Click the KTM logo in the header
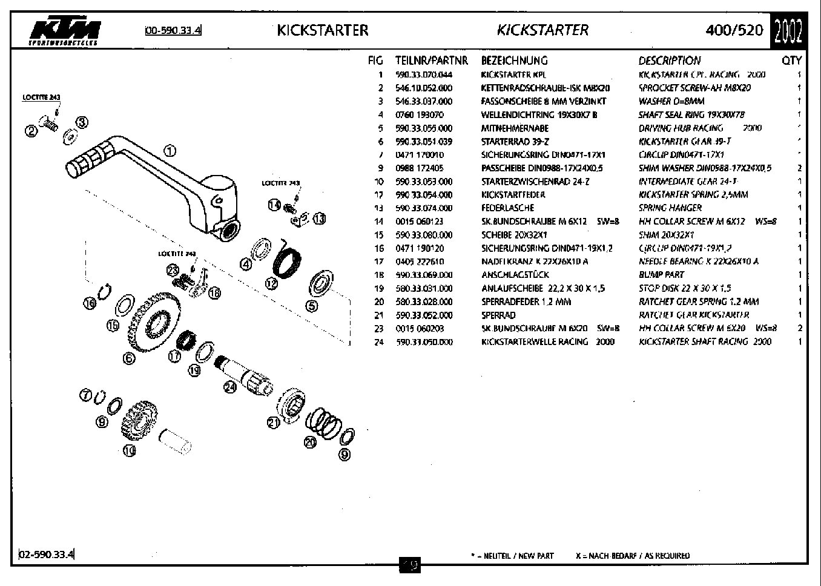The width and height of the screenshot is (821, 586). click(x=65, y=33)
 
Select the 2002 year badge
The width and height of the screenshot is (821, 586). click(x=788, y=31)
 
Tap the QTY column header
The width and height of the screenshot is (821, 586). click(x=791, y=61)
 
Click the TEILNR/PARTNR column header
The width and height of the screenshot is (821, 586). click(x=432, y=61)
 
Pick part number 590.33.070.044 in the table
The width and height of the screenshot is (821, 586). click(x=423, y=74)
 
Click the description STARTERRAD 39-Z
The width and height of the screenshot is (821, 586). click(x=515, y=141)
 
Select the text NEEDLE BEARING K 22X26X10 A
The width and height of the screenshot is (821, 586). click(x=698, y=261)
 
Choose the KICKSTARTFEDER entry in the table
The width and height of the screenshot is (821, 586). click(x=513, y=194)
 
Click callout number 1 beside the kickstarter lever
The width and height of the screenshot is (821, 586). click(x=170, y=151)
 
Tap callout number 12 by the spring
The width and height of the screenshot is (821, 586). click(x=272, y=283)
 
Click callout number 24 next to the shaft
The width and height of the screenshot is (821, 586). click(x=230, y=387)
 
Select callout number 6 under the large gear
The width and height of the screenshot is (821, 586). click(x=129, y=358)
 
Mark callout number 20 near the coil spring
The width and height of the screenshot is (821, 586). click(x=311, y=443)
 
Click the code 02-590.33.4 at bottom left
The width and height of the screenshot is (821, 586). click(x=47, y=554)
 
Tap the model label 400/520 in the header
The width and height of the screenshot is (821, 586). click(x=734, y=30)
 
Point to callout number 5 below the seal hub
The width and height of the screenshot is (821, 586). click(x=312, y=306)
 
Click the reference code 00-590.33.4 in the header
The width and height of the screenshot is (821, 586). click(x=173, y=30)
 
